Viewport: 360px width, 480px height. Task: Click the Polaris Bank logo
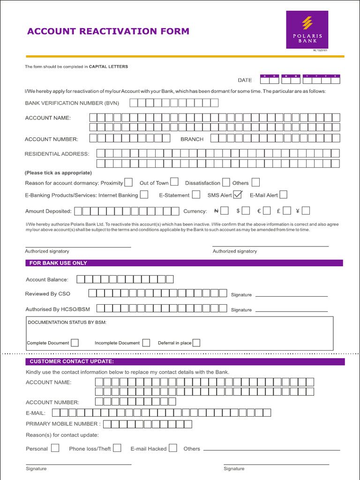coord(307,29)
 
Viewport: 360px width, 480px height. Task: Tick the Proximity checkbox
coord(128,182)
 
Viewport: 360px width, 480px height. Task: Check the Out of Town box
coord(174,182)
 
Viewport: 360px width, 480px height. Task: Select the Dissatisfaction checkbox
coord(226,182)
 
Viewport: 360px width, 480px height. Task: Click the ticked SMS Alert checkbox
coord(238,194)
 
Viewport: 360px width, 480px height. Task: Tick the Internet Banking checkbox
coord(144,195)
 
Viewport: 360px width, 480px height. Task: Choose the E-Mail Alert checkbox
coord(283,195)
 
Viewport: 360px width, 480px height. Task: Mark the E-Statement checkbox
coord(198,195)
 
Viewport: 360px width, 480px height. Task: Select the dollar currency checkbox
coord(246,211)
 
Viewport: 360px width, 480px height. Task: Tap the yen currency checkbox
coord(306,211)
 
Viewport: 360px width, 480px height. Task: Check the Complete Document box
coord(75,343)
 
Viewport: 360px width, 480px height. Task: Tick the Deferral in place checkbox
coord(196,343)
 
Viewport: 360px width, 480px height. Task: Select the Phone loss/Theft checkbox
coord(117,448)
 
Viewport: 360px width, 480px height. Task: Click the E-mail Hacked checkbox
coord(173,448)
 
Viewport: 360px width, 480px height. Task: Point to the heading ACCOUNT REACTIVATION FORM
coord(108,31)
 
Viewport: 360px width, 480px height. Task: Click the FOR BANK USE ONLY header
coord(58,263)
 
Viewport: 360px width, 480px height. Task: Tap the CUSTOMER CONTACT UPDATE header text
coord(72,361)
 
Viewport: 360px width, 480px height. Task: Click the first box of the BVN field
coord(134,103)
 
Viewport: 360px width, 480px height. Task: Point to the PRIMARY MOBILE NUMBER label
coord(63,424)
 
